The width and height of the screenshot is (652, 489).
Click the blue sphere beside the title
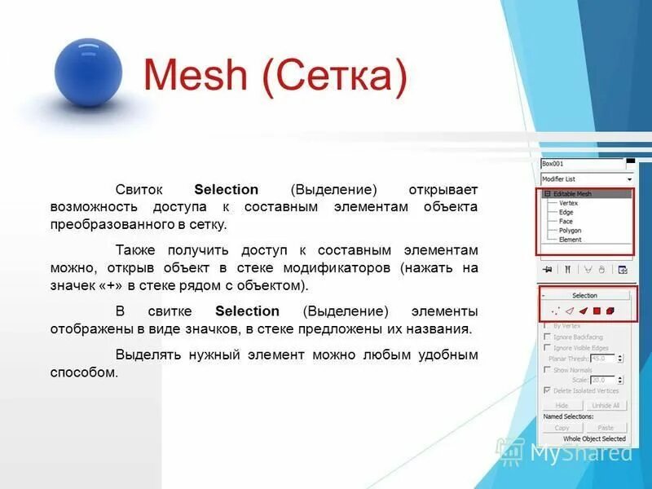tap(88, 72)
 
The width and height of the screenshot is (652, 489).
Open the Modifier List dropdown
tap(587, 178)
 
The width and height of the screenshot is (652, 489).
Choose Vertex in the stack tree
tap(568, 203)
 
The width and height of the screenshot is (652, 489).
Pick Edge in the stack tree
tap(566, 212)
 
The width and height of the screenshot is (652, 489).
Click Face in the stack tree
tap(566, 221)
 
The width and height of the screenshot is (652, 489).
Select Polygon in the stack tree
tap(570, 231)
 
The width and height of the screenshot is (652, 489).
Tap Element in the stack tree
tap(570, 240)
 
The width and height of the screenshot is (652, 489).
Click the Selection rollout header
tap(584, 295)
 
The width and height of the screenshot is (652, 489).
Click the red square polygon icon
tap(597, 311)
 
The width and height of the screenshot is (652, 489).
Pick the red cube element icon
tap(610, 311)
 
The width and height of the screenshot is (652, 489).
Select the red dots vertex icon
tap(556, 311)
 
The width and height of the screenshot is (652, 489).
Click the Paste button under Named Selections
tap(606, 427)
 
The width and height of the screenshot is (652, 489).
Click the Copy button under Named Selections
tap(562, 427)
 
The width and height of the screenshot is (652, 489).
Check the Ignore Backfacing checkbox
tap(547, 337)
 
